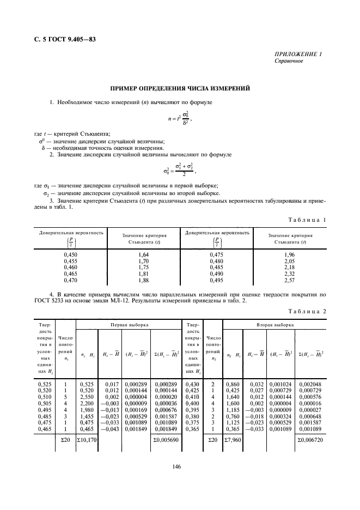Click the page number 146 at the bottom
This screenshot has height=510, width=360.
(x=180, y=466)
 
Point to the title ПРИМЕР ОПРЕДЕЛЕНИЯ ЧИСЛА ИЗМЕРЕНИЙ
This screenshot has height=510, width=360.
(x=180, y=88)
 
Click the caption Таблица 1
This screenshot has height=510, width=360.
(x=312, y=220)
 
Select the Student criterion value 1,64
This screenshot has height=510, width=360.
(x=144, y=254)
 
